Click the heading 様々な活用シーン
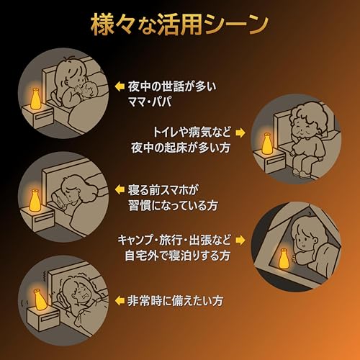point(179,24)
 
